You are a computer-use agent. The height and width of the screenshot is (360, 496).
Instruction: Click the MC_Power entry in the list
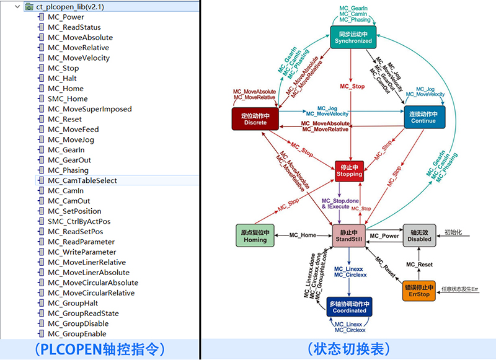pos(66,17)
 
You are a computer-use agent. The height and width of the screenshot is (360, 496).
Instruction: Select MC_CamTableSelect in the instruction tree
pos(82,180)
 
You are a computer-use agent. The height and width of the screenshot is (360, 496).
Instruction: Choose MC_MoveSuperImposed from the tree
pos(89,109)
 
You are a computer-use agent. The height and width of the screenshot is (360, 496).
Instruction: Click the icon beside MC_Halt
pos(41,78)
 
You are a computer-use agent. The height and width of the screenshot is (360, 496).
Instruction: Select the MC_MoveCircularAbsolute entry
pos(92,283)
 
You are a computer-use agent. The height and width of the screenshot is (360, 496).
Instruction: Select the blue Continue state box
pos(423,118)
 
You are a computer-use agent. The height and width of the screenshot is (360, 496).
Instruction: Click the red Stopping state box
pos(348,170)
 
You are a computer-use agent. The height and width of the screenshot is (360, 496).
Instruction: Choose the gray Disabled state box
pos(420,235)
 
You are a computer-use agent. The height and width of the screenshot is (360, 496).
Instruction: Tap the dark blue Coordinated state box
pos(348,306)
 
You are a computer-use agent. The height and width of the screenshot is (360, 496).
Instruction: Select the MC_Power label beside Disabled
pos(384,236)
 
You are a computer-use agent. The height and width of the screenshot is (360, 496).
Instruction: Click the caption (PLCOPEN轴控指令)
pos(100,349)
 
